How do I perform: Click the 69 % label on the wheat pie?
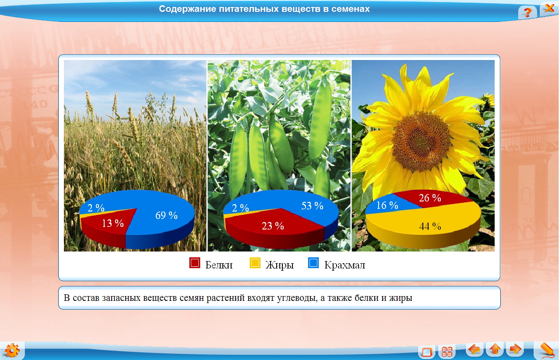click(166, 215)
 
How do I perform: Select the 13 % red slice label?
click(113, 223)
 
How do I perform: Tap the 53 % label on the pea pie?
click(312, 206)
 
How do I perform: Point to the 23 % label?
click(273, 226)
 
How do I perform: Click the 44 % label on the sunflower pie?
click(430, 226)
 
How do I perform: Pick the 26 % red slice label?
click(430, 198)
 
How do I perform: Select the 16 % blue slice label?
click(387, 205)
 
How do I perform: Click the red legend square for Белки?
click(195, 263)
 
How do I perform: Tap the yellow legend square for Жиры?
click(255, 263)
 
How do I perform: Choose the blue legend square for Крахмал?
click(313, 263)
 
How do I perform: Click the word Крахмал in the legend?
click(345, 265)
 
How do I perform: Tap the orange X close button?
click(549, 8)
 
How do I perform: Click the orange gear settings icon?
click(12, 350)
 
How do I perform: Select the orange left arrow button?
click(475, 349)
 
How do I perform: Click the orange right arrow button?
click(515, 349)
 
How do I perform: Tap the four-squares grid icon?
click(446, 352)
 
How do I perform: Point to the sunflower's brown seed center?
click(421, 141)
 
